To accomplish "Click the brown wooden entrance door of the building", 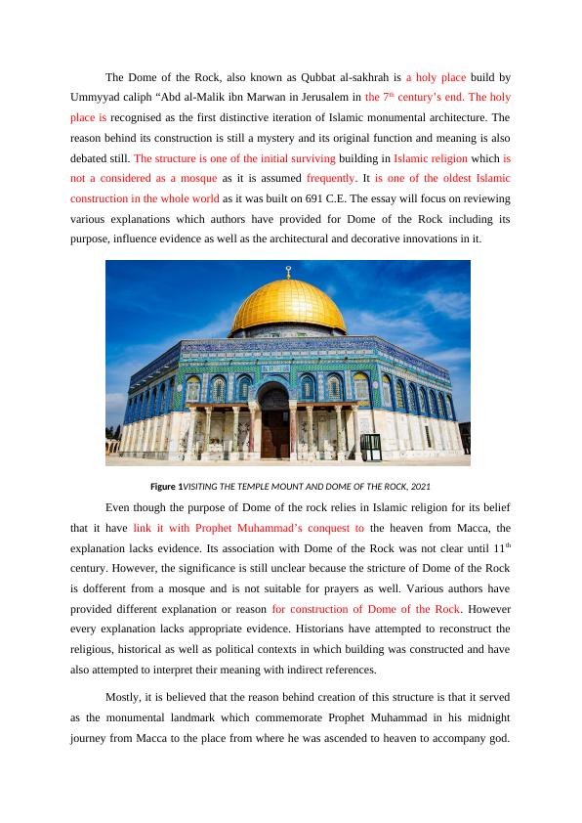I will [273, 434].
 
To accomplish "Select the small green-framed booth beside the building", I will [370, 446].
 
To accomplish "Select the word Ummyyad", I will [96, 97].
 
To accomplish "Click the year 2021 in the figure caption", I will [419, 487].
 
